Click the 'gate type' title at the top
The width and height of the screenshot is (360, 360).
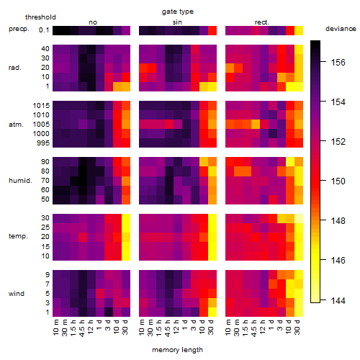pos(178,12)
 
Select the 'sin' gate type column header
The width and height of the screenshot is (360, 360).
pos(177,22)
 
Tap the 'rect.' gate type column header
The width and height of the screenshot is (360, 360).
pos(261,22)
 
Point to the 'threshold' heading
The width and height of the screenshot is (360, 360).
pos(40,17)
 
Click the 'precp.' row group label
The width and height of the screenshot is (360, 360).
pos(19,29)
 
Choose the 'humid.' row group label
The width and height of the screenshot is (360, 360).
pos(20,181)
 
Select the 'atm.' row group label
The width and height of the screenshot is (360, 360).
pos(16,125)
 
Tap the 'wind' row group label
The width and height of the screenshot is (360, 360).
pos(17,294)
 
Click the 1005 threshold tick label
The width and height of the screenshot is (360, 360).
pos(41,125)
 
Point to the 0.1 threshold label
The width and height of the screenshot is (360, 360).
pos(44,30)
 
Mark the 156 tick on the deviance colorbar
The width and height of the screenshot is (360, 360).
pos(338,63)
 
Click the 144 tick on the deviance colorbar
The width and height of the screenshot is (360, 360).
pos(338,300)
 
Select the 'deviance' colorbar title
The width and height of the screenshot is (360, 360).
pos(341,29)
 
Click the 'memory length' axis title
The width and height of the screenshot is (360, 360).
pos(177,350)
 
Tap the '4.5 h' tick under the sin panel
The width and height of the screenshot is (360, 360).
pos(168,328)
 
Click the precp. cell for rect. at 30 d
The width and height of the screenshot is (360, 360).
pos(299,30)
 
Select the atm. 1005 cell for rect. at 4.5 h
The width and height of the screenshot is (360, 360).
pos(256,125)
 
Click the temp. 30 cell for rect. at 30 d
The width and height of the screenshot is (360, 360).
pos(299,218)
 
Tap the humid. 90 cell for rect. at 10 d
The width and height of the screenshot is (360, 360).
pos(290,162)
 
